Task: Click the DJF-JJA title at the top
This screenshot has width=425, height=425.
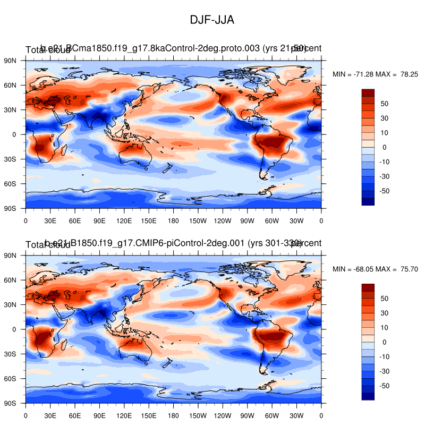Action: pyautogui.click(x=212, y=20)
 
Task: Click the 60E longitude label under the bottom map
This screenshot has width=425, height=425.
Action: pyautogui.click(x=75, y=414)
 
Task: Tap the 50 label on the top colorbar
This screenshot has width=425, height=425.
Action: pyautogui.click(x=385, y=104)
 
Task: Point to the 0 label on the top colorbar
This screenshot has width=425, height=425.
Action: pyautogui.click(x=384, y=147)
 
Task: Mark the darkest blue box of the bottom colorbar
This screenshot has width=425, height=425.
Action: pyautogui.click(x=368, y=396)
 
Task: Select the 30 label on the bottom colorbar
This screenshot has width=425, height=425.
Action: pyautogui.click(x=385, y=313)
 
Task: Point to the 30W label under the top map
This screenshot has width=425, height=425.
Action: pyautogui.click(x=296, y=219)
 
